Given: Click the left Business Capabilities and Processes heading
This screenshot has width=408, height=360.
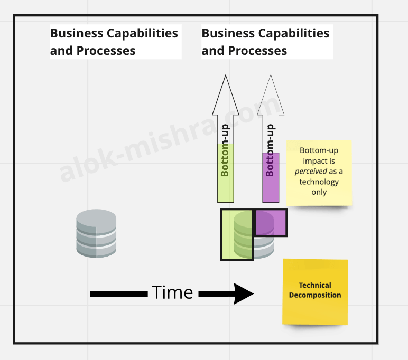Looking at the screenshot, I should (114, 42).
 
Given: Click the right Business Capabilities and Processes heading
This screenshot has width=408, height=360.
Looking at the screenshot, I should (265, 42).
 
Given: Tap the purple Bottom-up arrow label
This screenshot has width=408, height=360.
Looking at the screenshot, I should (271, 151).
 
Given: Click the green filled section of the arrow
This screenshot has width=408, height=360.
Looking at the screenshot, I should (225, 182).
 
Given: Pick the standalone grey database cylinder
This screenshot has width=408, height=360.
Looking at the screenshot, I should (96, 233).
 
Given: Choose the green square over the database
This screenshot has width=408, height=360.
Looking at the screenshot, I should (237, 234).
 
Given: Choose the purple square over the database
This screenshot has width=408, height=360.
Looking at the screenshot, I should (271, 222).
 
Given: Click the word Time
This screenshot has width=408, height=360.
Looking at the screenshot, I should (172, 292).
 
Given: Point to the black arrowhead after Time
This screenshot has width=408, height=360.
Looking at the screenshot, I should (243, 293).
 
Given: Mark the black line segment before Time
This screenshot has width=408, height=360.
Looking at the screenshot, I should (118, 293).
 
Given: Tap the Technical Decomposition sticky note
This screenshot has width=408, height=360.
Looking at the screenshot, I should (315, 291).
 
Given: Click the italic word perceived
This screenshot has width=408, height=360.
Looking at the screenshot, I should (311, 172).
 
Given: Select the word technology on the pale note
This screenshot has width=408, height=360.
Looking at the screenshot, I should (319, 182).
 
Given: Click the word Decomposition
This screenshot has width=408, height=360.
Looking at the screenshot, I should (315, 296).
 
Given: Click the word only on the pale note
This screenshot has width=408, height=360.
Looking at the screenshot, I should (319, 192).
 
